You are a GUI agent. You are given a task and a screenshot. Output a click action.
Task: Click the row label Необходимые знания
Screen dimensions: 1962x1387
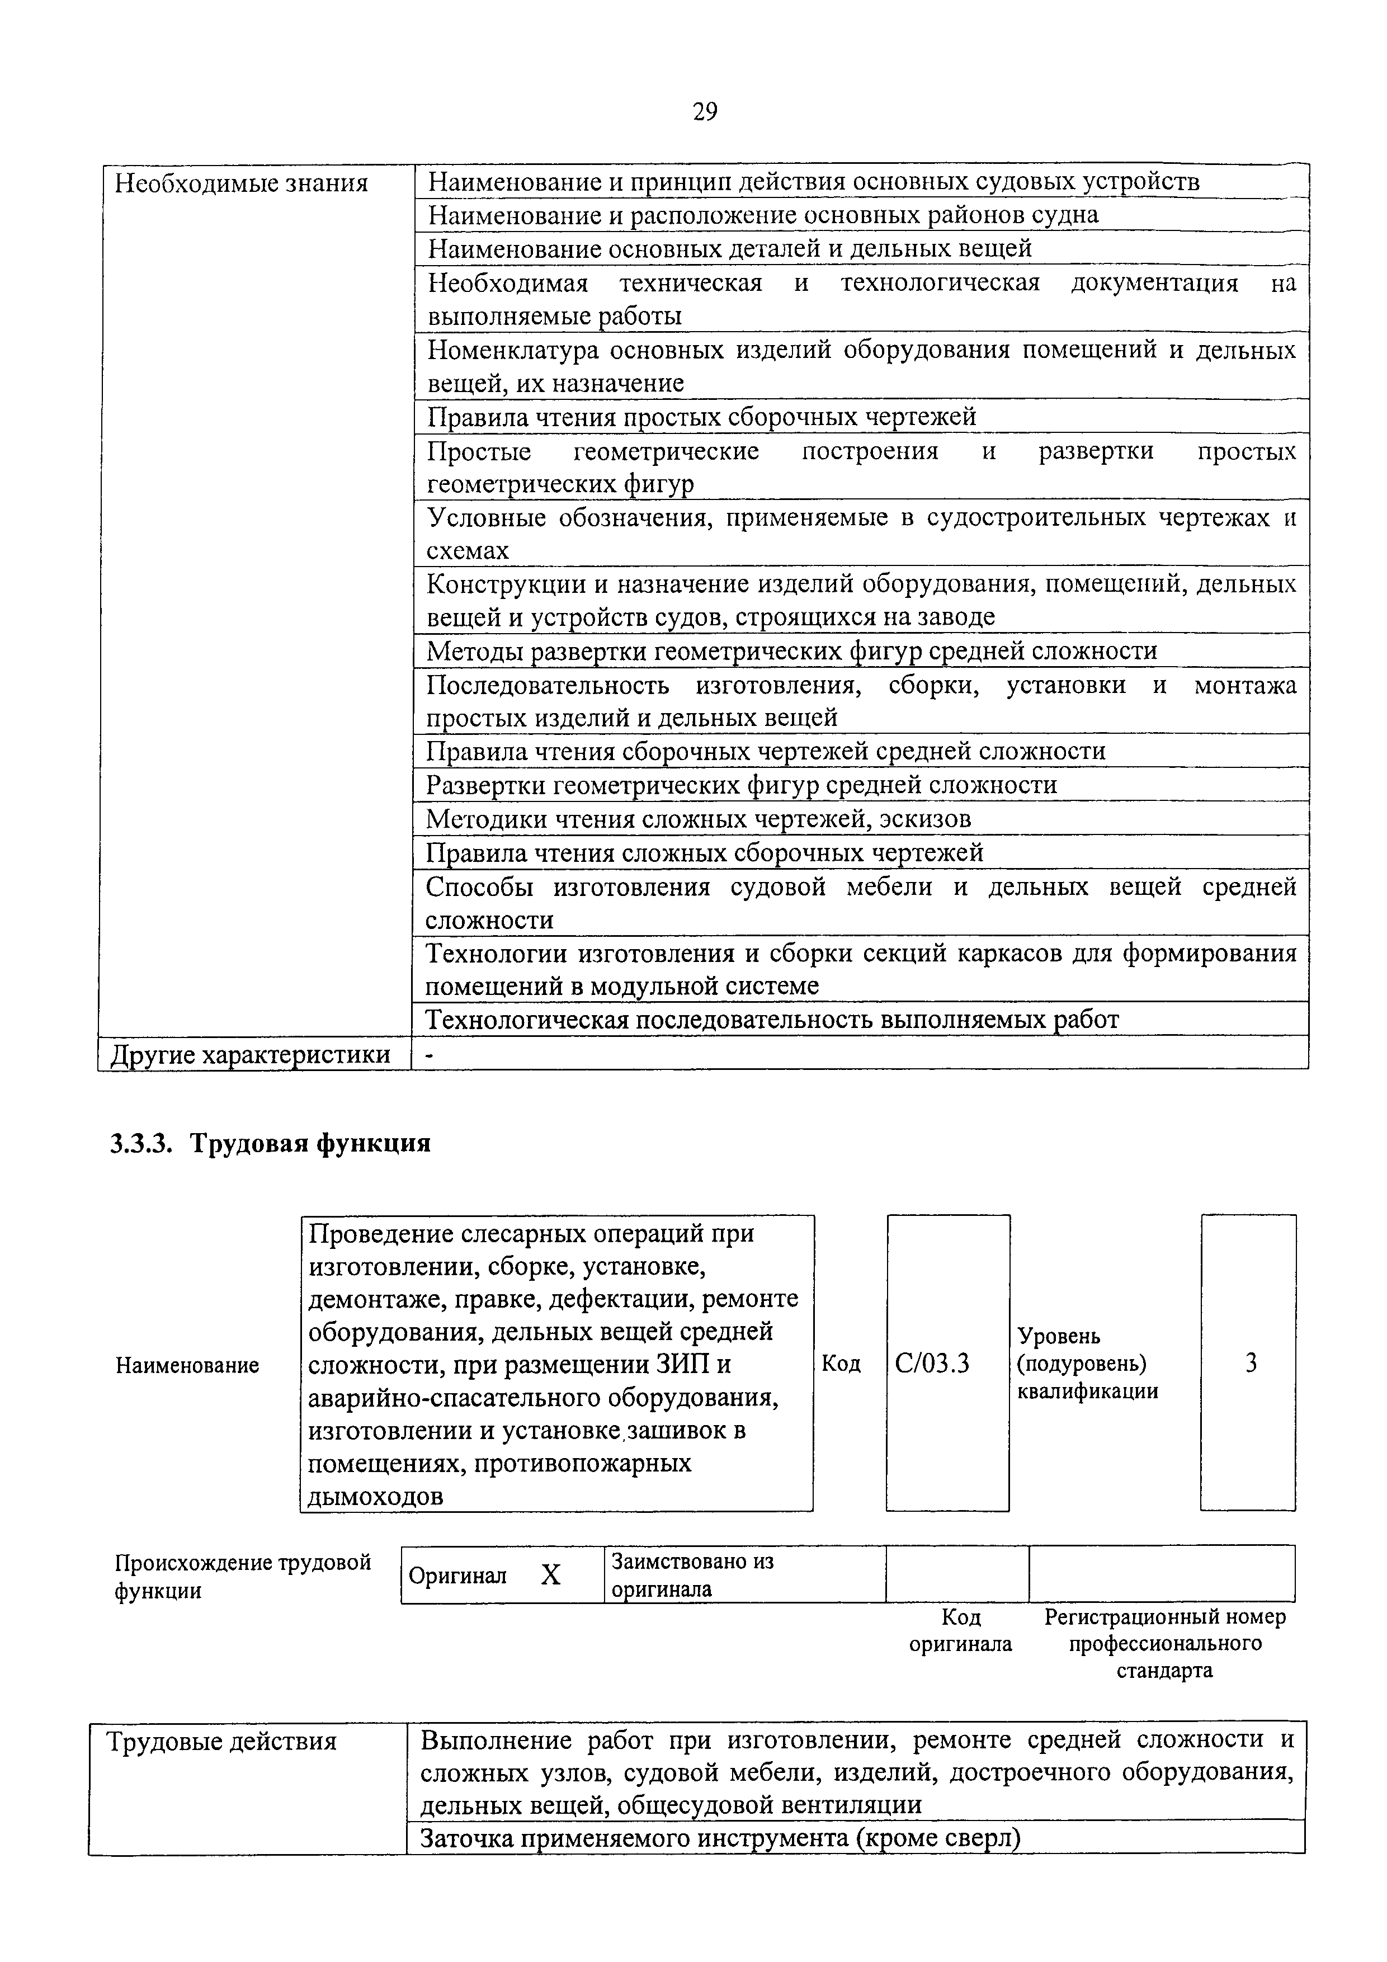pos(241,183)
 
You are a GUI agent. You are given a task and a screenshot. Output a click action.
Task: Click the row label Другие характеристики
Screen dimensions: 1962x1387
pos(251,1054)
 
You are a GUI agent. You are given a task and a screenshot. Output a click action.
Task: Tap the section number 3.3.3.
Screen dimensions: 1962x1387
pos(141,1143)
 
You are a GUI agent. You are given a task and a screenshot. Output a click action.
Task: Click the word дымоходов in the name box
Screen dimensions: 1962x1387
pos(375,1496)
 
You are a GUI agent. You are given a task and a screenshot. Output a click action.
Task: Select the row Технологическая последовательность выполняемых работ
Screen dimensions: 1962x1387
pos(772,1020)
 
